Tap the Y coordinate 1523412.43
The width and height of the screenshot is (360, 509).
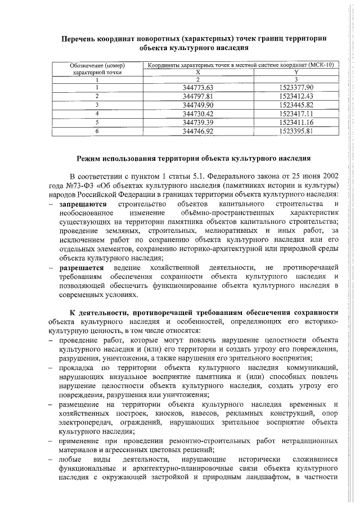[x=296, y=96]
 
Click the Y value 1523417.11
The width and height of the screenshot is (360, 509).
[x=296, y=113]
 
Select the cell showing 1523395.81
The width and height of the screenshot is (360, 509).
[x=296, y=130]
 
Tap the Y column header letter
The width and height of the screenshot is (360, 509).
[x=296, y=73]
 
